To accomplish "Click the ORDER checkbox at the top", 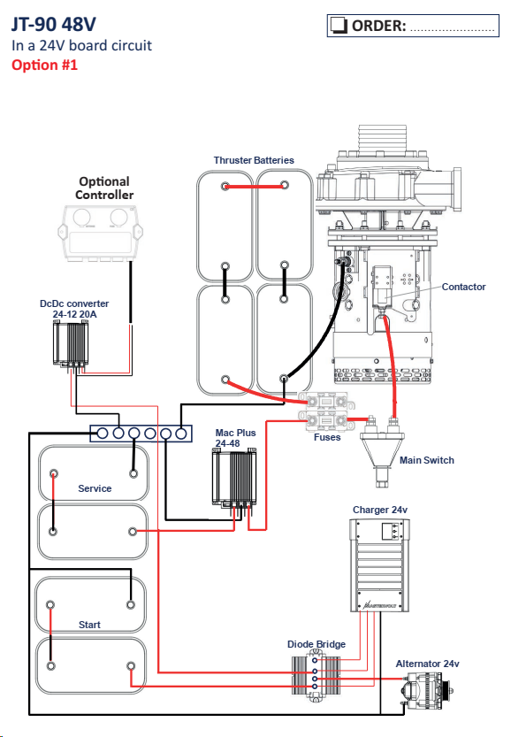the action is point(339,26).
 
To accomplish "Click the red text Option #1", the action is point(44,65).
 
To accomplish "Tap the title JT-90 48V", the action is point(54,24).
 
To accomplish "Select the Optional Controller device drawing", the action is point(100,234).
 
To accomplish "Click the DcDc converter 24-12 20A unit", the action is point(71,344).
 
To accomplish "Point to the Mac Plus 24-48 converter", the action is point(235,478).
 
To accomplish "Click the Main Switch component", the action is point(382,452).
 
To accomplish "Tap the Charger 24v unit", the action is point(379,565).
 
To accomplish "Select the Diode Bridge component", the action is point(316,674).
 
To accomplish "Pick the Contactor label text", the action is point(463,287).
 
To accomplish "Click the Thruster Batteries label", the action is point(254,160).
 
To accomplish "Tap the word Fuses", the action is point(327,438).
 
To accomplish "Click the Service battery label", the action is point(95,488).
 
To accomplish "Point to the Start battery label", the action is point(89,625).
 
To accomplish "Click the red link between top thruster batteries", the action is point(255,187).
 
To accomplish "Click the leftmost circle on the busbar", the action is point(103,434).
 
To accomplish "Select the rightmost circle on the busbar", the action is point(181,434).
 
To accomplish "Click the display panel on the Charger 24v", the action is point(393,532).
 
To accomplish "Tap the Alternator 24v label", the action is point(427,664).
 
